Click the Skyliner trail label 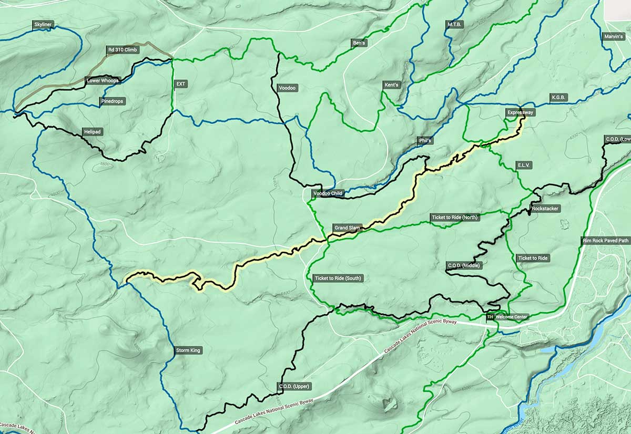tap(44, 25)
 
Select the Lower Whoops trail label tap(103, 80)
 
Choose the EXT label tap(181, 84)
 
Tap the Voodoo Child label tap(328, 193)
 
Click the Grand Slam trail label tap(347, 228)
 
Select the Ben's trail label tap(359, 42)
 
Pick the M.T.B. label tap(454, 25)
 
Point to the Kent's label tap(392, 85)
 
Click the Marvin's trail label tap(614, 36)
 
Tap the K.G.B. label tap(558, 97)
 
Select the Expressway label tap(521, 112)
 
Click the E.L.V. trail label tap(524, 165)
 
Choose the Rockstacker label tap(545, 209)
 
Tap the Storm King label tap(188, 350)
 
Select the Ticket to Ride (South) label tap(338, 278)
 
